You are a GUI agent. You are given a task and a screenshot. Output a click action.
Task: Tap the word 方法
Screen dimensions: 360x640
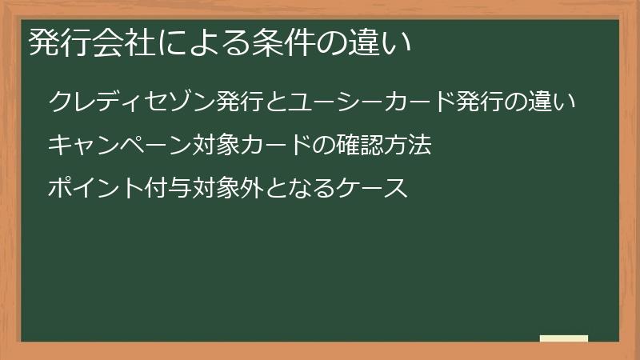point(408,146)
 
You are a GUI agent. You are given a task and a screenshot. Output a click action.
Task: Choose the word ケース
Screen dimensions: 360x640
point(375,190)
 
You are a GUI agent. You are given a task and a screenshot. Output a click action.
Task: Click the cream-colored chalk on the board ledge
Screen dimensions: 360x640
point(563,338)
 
